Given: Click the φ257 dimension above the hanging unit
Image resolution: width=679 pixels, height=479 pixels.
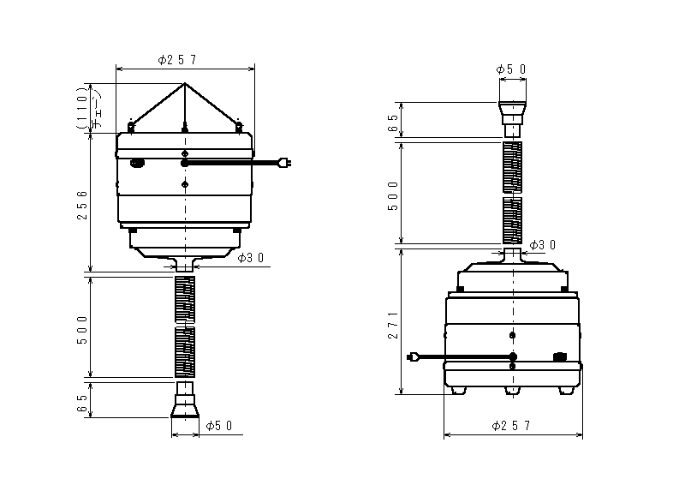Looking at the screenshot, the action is point(177,60).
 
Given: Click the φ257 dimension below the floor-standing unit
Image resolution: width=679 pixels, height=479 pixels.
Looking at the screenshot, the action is point(511,426).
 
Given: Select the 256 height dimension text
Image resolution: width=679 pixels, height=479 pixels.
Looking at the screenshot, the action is point(82,205).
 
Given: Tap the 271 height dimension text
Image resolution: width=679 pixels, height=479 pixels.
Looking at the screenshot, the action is point(393,325).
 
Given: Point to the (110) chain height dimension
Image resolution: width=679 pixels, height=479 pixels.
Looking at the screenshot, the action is point(81,107).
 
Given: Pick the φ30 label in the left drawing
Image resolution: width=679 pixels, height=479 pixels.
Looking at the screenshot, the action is point(251,258).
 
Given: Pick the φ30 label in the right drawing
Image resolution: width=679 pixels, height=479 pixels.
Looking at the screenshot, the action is point(543,245).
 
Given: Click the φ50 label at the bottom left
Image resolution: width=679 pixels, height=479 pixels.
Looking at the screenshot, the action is point(219,426).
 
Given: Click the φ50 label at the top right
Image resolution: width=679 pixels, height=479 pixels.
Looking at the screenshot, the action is point(511,69).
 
